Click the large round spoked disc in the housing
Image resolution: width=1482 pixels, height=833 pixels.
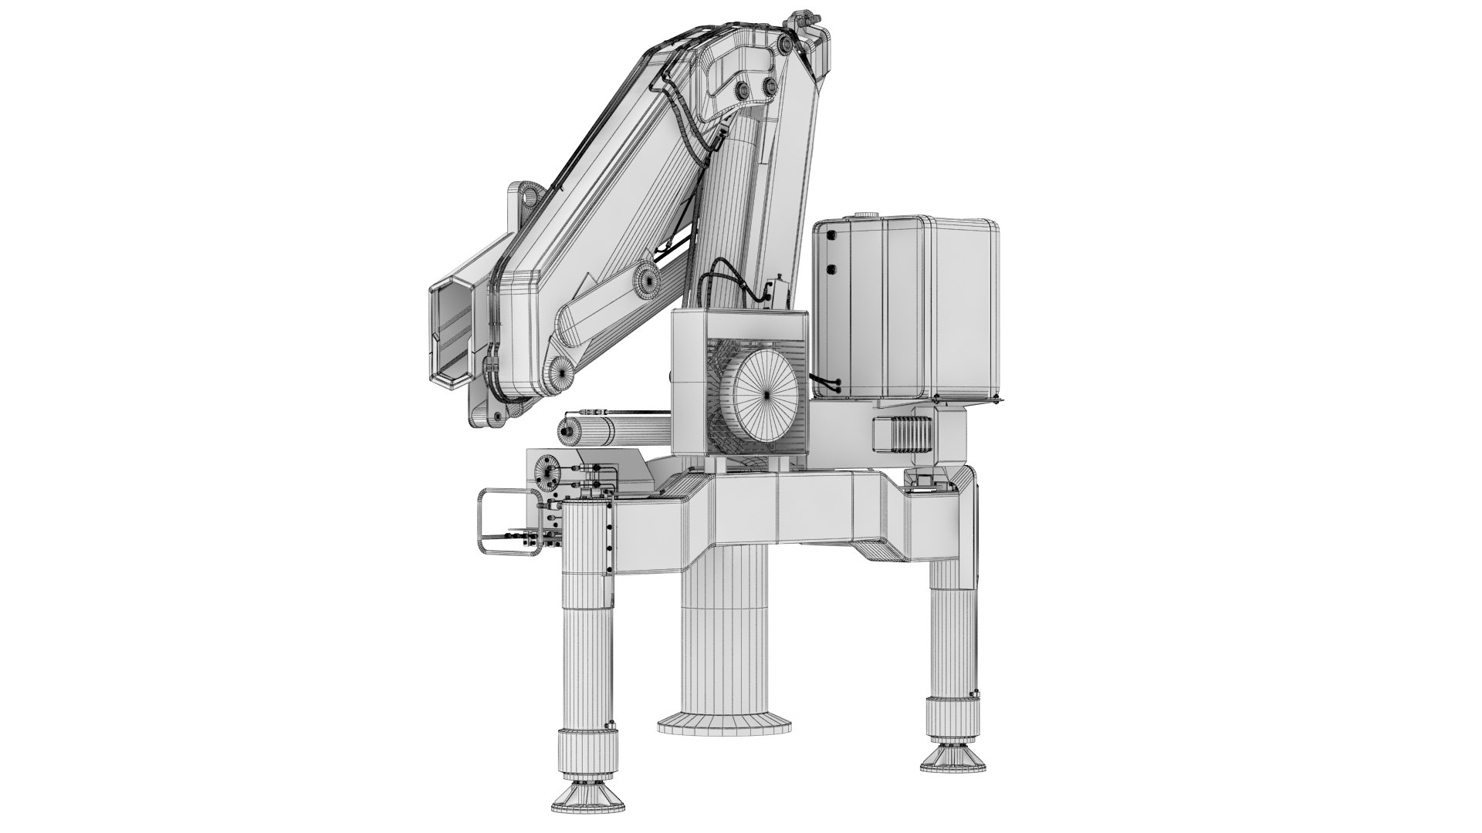tap(767, 392)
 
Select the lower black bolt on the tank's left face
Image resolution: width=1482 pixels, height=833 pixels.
tap(831, 269)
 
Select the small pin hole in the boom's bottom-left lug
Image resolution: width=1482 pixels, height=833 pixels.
tap(496, 417)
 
